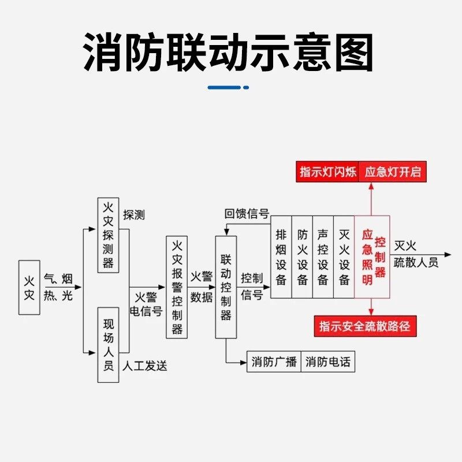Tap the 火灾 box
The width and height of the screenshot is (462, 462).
(x=29, y=287)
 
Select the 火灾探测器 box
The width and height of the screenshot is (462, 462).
(x=108, y=235)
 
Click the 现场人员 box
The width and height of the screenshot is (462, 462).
(x=108, y=345)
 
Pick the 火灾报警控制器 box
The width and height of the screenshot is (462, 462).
(x=177, y=287)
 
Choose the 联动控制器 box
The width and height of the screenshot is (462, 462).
(x=226, y=287)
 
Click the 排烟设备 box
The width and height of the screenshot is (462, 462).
(x=281, y=257)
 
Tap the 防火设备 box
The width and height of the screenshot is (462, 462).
(x=302, y=257)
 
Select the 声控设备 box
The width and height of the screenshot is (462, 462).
(x=323, y=257)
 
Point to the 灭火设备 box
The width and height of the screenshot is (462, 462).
(x=344, y=257)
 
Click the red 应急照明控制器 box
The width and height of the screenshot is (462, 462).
(x=372, y=257)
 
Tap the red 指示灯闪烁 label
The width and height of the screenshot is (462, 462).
(x=328, y=172)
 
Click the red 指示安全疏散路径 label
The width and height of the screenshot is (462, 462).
(x=365, y=326)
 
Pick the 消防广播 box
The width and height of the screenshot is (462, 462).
(x=274, y=363)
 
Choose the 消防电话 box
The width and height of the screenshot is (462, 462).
(x=327, y=363)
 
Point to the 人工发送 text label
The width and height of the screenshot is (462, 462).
(x=146, y=366)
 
